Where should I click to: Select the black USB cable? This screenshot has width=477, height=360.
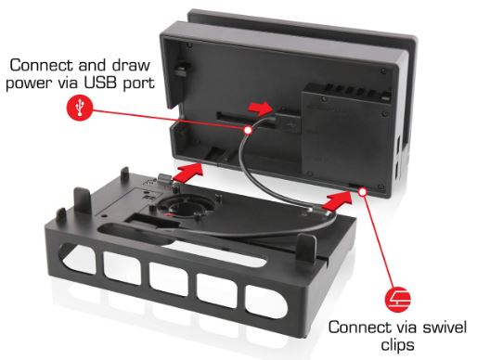point(245,186)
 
